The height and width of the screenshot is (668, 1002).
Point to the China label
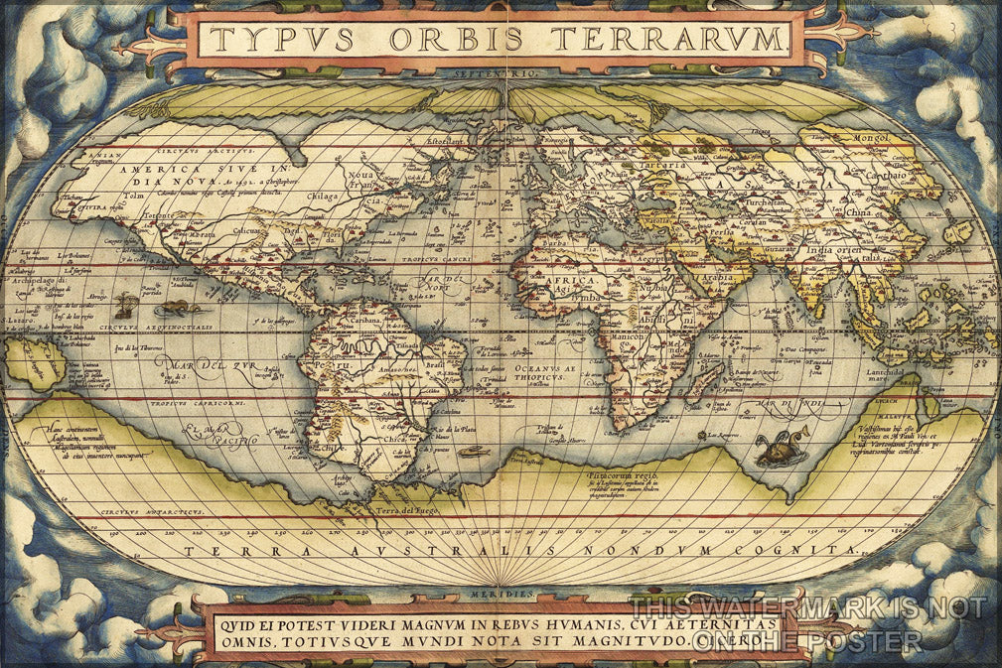858,211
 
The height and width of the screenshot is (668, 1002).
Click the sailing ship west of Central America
126,305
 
